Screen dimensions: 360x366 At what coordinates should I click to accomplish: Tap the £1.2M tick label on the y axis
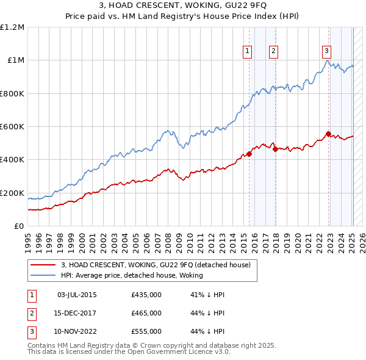(x=12, y=27)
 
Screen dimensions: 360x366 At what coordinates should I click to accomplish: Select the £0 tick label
(x=20, y=226)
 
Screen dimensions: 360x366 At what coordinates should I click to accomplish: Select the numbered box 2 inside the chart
(x=273, y=51)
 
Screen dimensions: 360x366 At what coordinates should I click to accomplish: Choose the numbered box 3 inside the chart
(x=327, y=51)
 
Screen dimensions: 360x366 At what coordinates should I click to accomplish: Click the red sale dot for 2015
(x=249, y=154)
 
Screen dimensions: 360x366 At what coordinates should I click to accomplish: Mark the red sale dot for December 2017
(x=275, y=149)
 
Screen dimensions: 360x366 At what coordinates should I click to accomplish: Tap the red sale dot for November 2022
(x=328, y=134)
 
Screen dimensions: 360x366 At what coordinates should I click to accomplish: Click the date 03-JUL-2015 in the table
(x=77, y=295)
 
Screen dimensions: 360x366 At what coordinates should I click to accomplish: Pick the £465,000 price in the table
(x=146, y=314)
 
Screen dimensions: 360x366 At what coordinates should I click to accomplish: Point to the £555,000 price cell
(x=146, y=332)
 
